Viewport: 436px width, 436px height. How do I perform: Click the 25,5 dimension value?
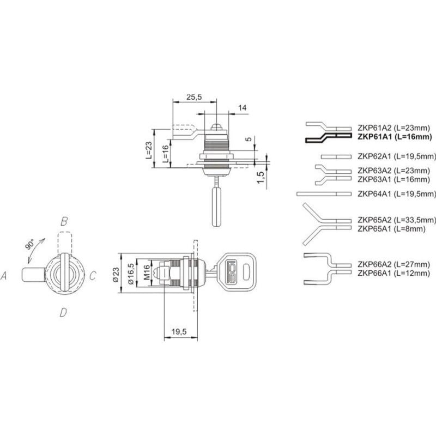point(194,97)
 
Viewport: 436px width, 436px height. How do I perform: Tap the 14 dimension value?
point(242,107)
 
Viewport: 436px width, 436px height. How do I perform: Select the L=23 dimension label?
point(149,150)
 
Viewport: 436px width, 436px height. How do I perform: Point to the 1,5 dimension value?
point(261,177)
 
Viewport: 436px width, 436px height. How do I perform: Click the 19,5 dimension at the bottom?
point(179,331)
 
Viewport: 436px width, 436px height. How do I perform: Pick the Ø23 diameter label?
point(116,275)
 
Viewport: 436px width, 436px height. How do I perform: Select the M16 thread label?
point(147,272)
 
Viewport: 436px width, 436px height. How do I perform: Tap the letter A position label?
point(4,276)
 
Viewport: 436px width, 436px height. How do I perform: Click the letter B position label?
point(64,221)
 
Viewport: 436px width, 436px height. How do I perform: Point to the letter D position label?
point(63,313)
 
